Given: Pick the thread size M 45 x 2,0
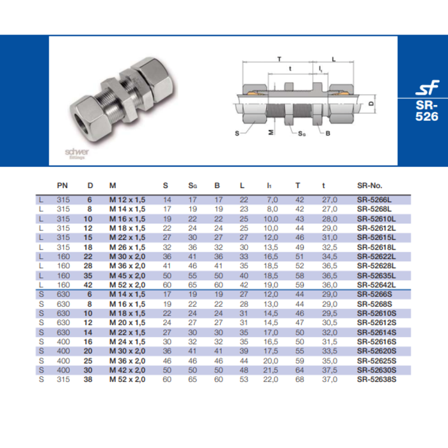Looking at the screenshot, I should tap(127, 275).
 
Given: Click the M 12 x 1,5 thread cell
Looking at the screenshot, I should tap(127, 200).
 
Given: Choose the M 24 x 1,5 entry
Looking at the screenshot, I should tap(127, 342).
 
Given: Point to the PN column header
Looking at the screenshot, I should tap(62, 186).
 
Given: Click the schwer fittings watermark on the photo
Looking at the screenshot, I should tap(77, 153).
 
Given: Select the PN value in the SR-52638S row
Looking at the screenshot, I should tap(62, 380).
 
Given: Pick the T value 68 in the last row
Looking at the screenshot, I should tap(298, 380).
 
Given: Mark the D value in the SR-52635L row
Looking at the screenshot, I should tap(90, 275).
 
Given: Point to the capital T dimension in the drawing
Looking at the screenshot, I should tap(280, 58).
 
